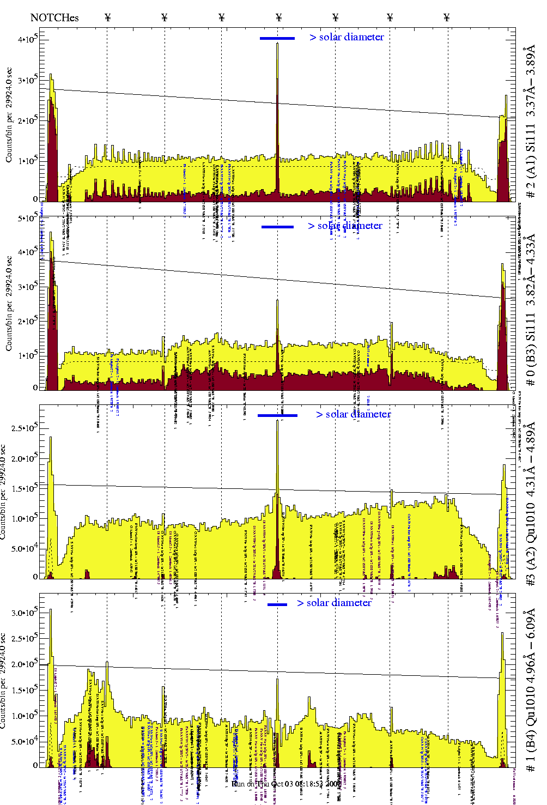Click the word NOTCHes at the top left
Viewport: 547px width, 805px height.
54,18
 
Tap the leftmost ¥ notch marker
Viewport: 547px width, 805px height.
108,17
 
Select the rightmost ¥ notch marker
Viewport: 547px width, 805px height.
447,17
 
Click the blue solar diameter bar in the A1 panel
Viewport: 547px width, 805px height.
277,38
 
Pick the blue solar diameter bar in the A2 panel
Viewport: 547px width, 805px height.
277,415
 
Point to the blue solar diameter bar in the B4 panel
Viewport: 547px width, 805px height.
277,604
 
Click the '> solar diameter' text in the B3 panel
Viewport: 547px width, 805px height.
345,226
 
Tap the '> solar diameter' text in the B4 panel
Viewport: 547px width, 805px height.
334,603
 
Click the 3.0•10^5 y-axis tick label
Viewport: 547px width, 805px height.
25,613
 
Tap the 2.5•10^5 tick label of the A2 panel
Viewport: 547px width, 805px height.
25,428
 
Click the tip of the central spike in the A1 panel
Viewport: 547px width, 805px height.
277,44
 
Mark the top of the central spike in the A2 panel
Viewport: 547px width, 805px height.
277,421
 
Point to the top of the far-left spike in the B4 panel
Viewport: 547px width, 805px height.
51,610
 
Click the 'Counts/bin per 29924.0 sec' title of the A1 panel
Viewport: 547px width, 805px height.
9,114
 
